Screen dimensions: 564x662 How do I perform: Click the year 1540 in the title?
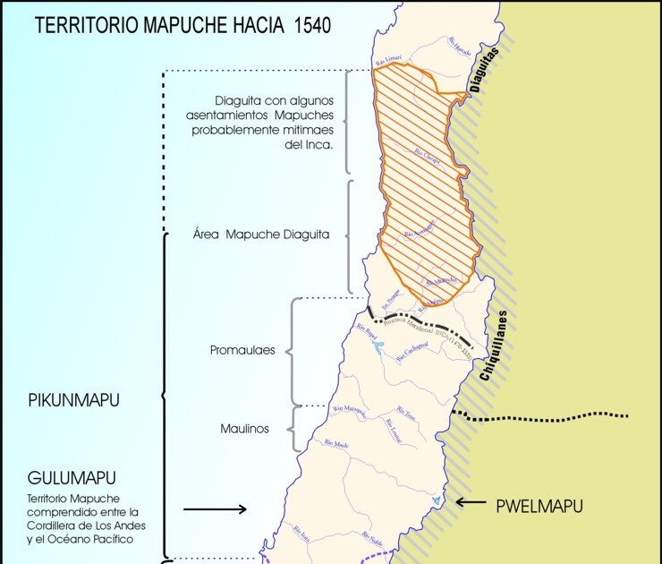[310, 24]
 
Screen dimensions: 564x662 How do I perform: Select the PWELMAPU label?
[539, 506]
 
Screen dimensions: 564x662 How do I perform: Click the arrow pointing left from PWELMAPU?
[471, 502]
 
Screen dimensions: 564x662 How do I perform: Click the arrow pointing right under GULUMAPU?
[215, 509]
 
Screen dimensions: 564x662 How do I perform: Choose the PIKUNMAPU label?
[74, 399]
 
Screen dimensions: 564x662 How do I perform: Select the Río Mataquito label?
[350, 412]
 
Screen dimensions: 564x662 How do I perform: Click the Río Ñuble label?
[373, 538]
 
